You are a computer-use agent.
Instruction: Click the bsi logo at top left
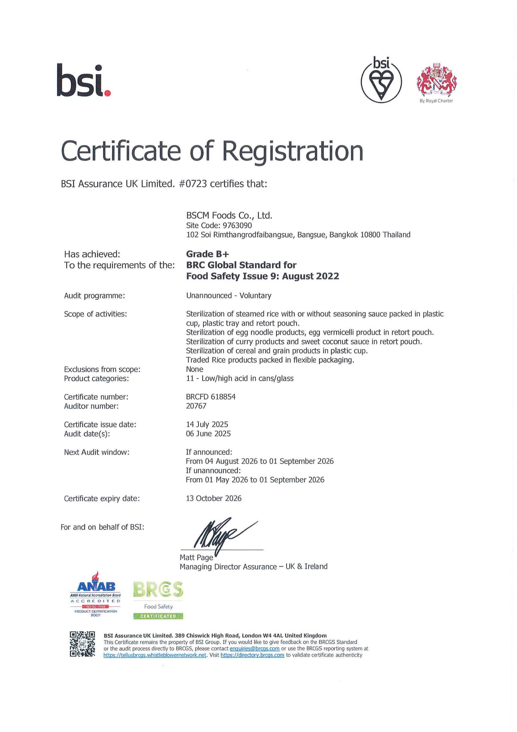click(83, 80)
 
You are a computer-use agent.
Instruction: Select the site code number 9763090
click(237, 225)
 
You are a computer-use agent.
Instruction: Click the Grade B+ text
click(207, 254)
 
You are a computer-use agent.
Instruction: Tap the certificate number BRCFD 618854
click(211, 397)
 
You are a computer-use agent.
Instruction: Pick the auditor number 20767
click(196, 406)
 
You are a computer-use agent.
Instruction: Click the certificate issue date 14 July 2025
click(207, 424)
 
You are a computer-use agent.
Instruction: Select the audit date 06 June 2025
click(208, 433)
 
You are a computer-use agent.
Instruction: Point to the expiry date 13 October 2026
click(213, 498)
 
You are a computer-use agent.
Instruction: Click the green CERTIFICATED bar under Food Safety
click(158, 616)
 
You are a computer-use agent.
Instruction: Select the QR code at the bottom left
click(82, 644)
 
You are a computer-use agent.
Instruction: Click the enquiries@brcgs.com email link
click(255, 649)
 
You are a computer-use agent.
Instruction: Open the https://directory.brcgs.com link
click(252, 655)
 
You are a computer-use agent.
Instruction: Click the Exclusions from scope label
click(102, 369)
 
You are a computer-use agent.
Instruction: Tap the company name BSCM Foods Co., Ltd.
click(229, 216)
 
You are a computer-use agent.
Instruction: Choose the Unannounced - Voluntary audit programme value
click(229, 296)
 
